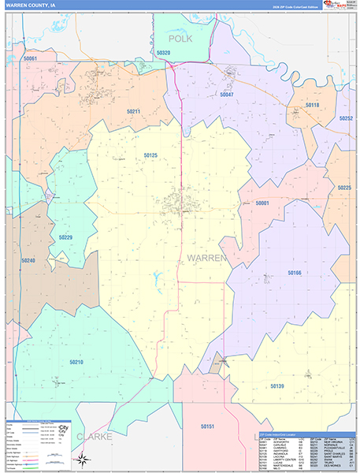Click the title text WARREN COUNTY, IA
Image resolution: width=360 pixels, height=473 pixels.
point(30,6)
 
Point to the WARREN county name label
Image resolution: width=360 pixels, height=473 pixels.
point(206,258)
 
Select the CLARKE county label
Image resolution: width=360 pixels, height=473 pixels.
point(95,436)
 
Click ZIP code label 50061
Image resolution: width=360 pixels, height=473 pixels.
point(31,58)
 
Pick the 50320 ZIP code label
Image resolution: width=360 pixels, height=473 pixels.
point(163,53)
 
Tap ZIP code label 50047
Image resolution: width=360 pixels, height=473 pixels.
point(227,95)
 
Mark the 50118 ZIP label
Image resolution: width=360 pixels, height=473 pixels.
point(313,105)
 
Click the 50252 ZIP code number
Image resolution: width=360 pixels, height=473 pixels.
point(346,117)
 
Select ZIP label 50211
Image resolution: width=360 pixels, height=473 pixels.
point(132,111)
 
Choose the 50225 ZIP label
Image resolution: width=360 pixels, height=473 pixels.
point(344,188)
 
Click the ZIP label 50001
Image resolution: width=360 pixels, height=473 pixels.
point(262,203)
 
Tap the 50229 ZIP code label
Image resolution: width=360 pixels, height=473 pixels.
point(65,236)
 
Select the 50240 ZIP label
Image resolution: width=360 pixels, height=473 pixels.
point(28,260)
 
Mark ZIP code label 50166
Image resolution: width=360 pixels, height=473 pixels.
point(294,272)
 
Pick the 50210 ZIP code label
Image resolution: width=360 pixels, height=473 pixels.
point(76,362)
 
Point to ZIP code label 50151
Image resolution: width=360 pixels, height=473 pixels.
point(207,426)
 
